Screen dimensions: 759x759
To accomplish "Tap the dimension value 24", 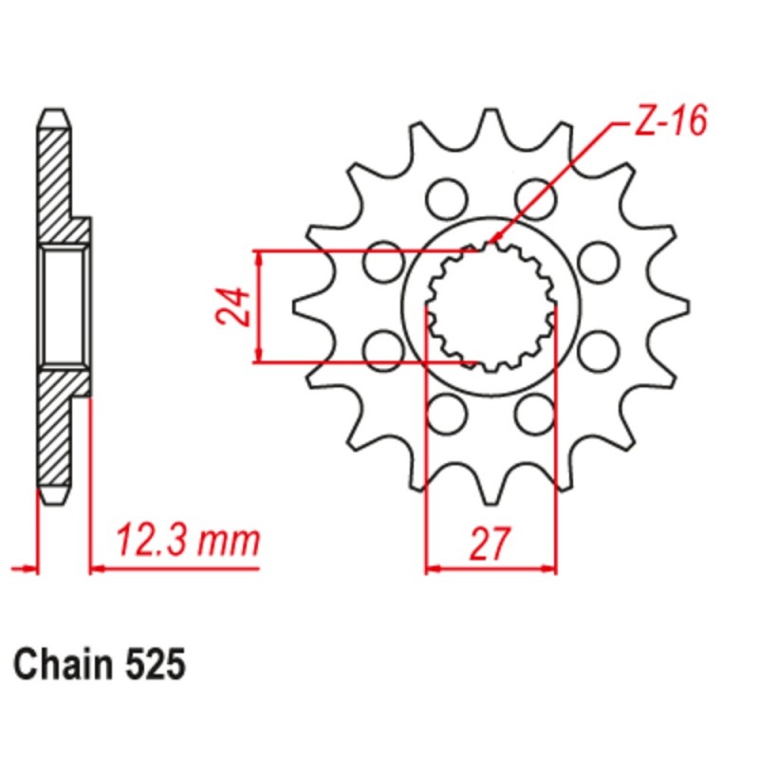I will tap(232, 306).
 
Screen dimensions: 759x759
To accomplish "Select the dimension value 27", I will tap(490, 544).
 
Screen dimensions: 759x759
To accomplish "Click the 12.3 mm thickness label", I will tap(187, 542).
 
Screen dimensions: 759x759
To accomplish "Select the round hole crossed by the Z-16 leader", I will tap(535, 196).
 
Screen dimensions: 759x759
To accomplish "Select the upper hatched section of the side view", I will tap(58, 180).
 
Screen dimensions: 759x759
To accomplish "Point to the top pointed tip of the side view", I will tap(56, 112).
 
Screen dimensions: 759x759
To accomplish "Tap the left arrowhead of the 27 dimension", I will tap(430, 569).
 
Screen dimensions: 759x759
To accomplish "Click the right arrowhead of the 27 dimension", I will tap(550, 569).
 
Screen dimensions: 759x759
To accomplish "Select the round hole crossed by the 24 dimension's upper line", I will tap(384, 262).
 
